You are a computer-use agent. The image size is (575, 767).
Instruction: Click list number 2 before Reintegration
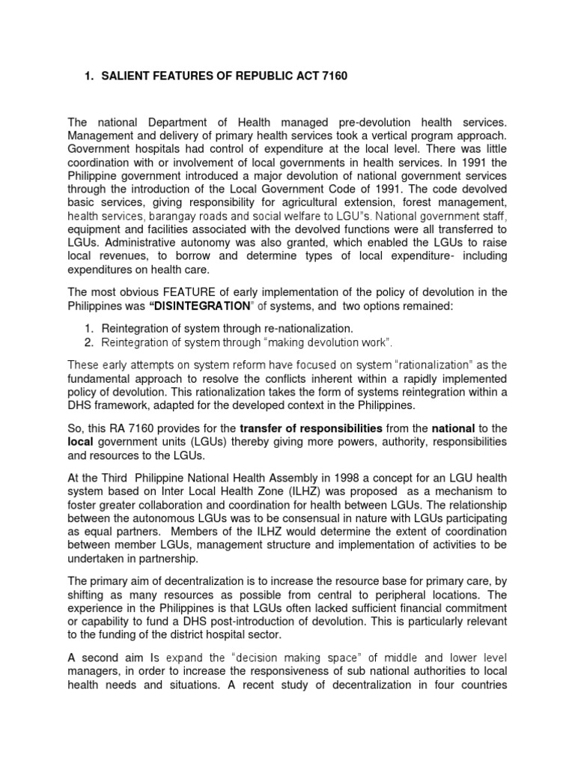tap(88, 342)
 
